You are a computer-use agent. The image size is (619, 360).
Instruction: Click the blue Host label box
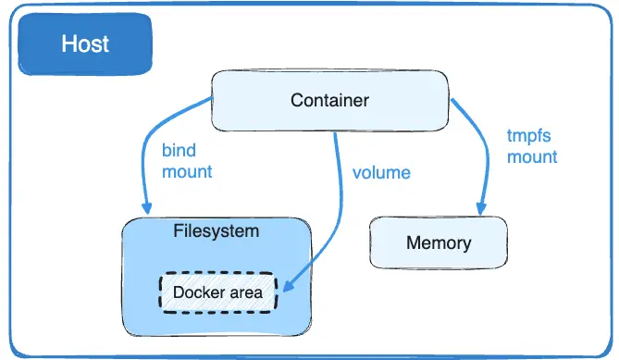coord(85,43)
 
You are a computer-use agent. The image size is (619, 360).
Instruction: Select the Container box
coord(328,100)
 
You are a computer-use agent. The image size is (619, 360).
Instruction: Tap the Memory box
coord(438,243)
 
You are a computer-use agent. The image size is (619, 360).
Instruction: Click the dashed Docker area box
coord(218,292)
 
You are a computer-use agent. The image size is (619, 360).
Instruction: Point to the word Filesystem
coord(217,230)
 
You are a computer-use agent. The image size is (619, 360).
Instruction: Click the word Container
coord(329,100)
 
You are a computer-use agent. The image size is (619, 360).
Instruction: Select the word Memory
coord(439,244)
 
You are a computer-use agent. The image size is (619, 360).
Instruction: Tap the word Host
coord(85,43)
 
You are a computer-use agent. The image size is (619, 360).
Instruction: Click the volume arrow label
coord(381,172)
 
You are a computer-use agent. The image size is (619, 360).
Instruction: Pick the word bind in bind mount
coord(179,150)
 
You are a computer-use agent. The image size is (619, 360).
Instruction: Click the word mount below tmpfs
coord(532,156)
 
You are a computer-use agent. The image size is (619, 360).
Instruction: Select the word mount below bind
coord(187,171)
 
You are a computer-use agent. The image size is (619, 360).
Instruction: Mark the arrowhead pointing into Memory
coord(480,209)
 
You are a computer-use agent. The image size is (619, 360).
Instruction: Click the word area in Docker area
coord(244,292)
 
